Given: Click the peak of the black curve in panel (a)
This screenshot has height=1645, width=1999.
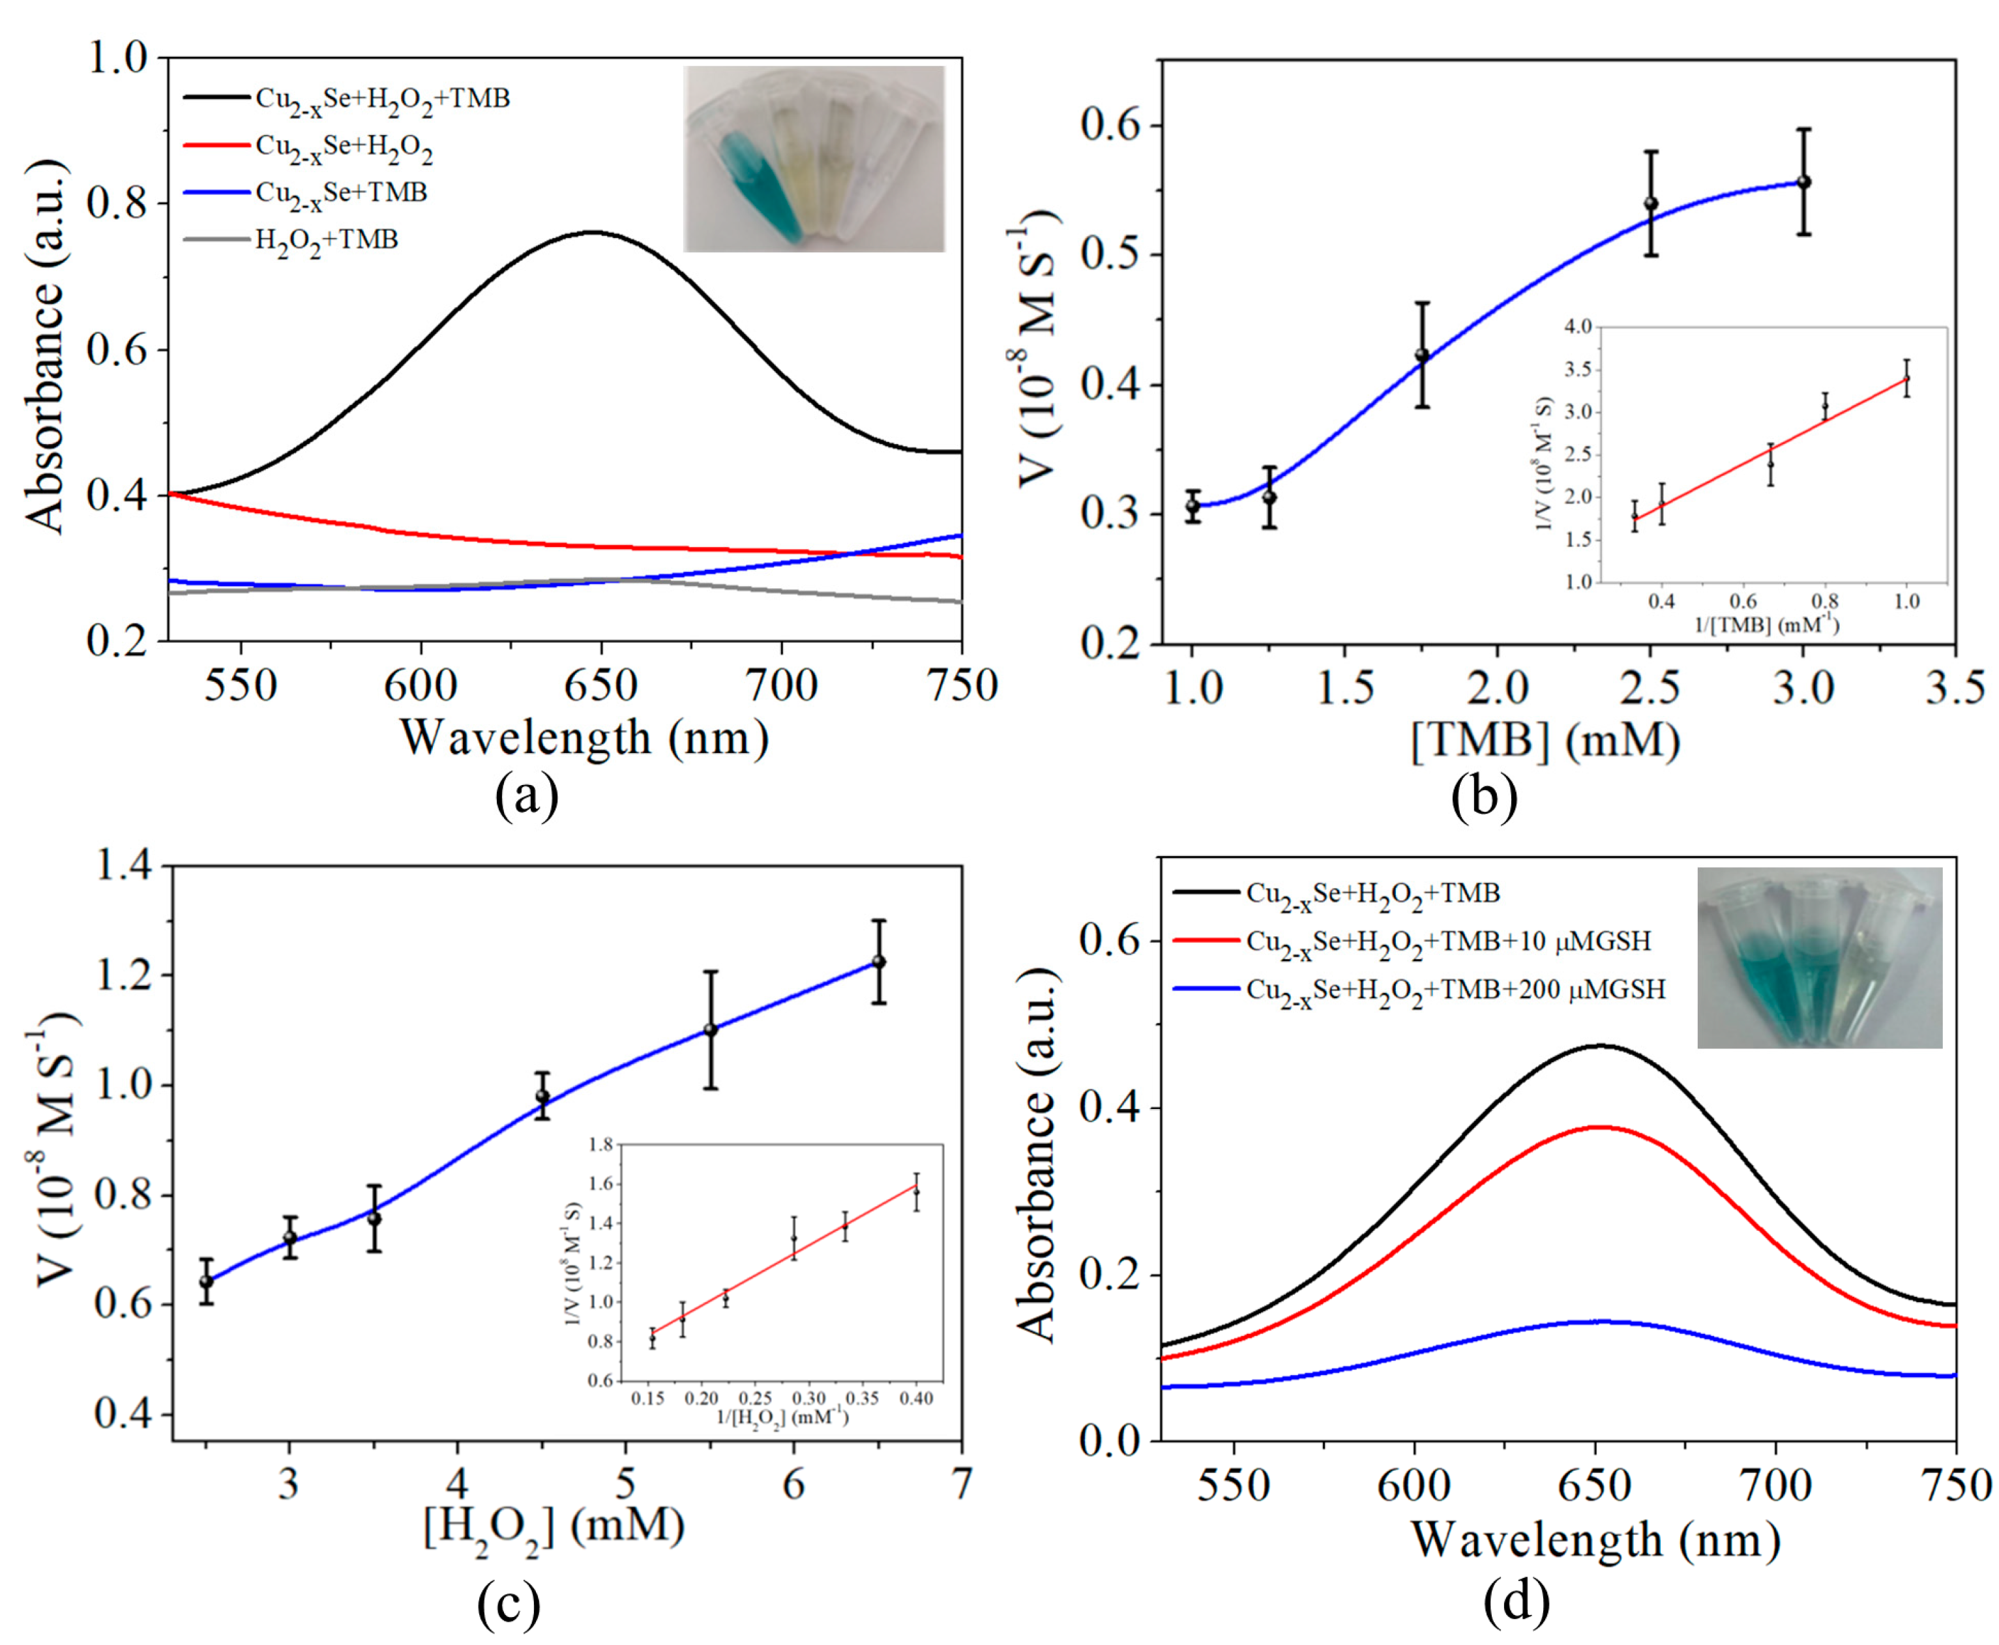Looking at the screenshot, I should (594, 231).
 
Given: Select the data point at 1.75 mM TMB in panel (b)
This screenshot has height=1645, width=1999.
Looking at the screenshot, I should (1422, 355).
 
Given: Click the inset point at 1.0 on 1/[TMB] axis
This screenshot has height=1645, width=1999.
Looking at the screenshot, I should (1906, 378).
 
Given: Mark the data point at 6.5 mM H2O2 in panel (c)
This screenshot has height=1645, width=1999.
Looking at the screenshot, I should (879, 962).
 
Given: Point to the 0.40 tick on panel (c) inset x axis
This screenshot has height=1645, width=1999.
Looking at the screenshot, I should (915, 1399).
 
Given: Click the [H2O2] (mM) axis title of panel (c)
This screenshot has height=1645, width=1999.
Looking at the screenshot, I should (554, 1526).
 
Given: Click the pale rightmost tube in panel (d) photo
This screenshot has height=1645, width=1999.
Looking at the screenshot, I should (1880, 976).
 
